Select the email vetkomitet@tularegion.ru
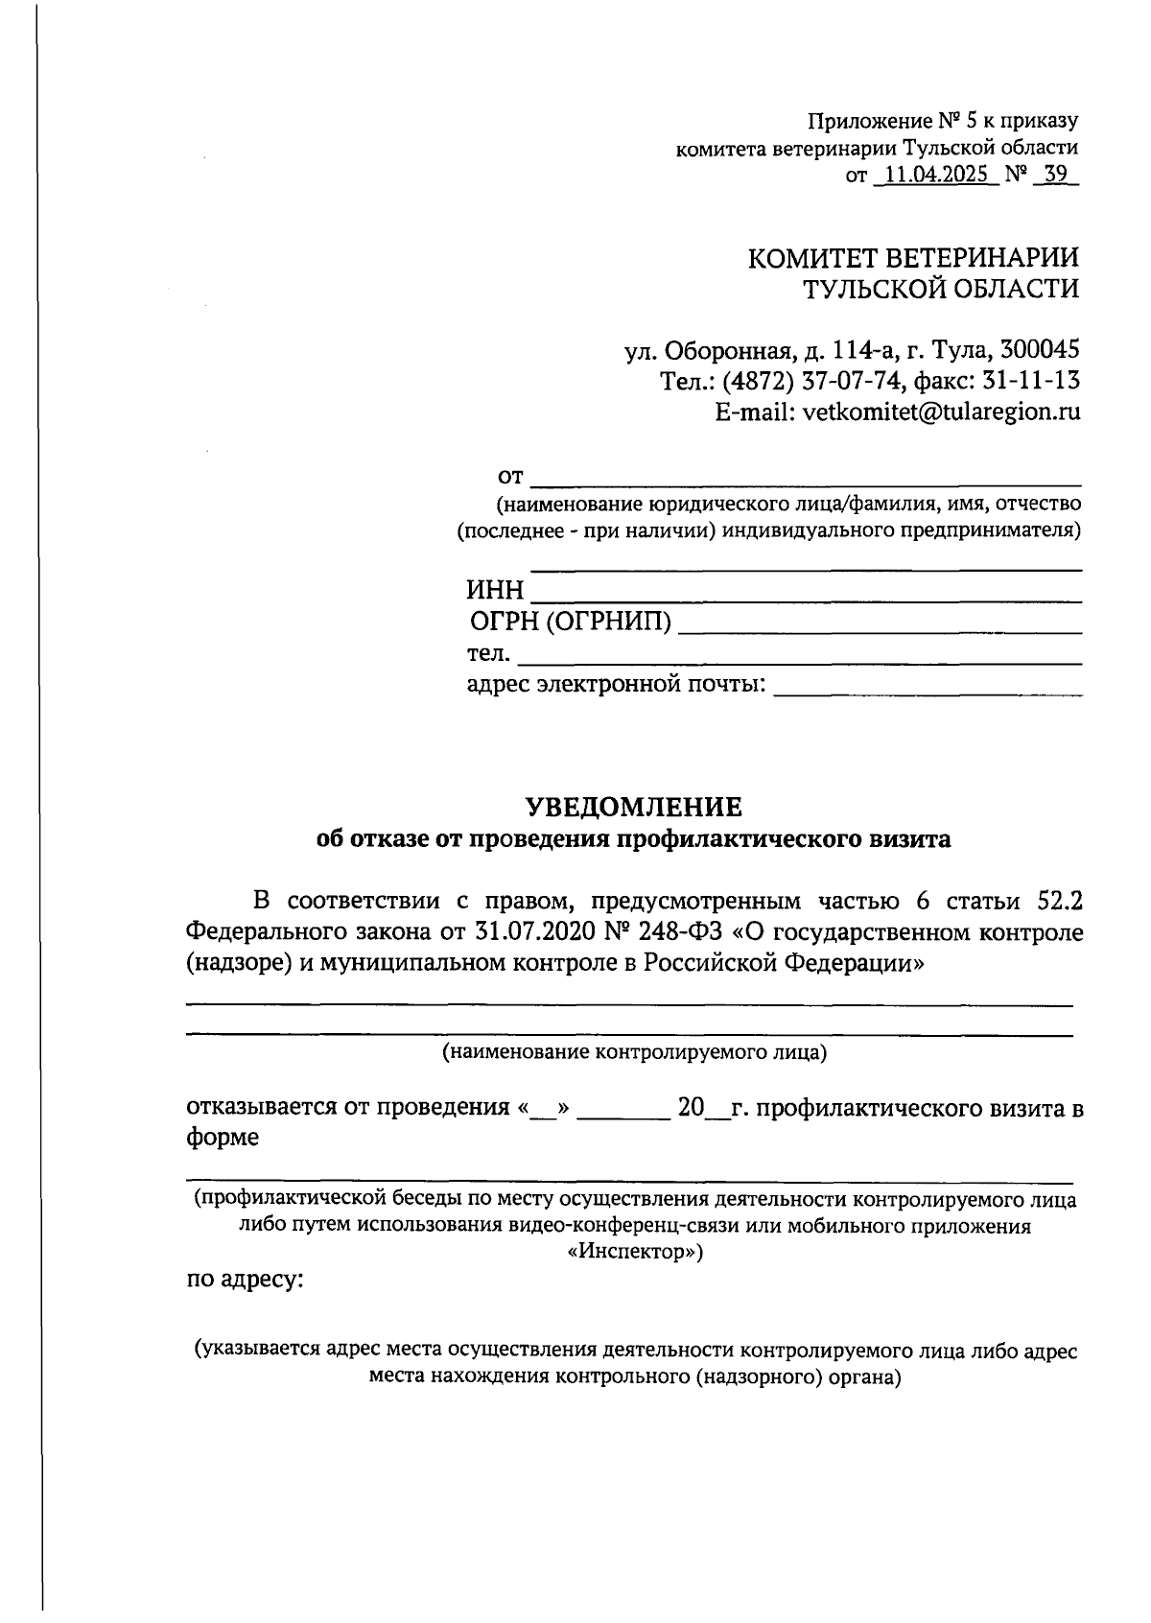coord(941,412)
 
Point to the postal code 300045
coord(1040,349)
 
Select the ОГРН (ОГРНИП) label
coord(571,623)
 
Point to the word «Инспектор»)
coord(634,1252)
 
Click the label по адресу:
coord(245,1281)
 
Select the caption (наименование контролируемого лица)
coord(633,1052)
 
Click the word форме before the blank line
coord(223,1139)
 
